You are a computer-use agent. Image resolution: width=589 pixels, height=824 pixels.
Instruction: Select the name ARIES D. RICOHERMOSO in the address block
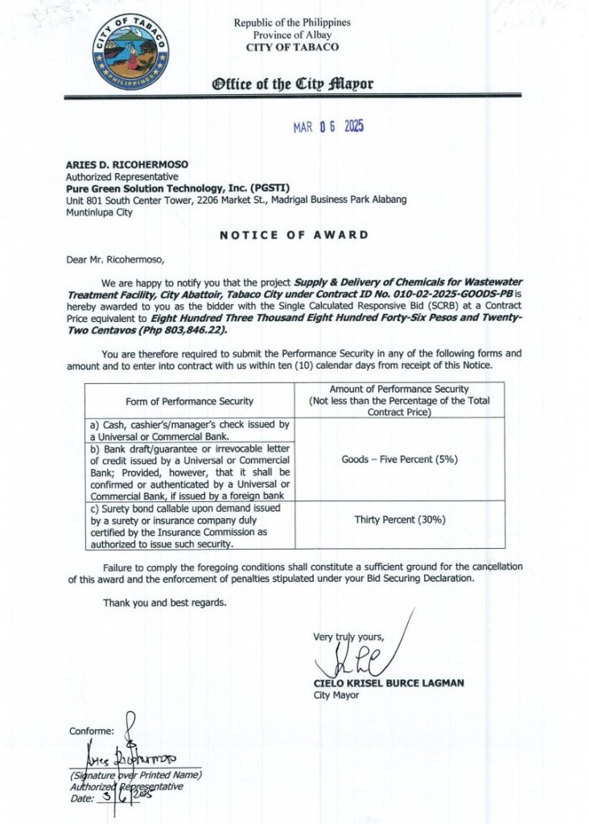point(127,165)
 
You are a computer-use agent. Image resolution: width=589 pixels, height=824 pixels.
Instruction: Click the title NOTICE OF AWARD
point(294,235)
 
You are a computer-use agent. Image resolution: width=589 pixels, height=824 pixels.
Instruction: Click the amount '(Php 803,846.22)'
point(181,331)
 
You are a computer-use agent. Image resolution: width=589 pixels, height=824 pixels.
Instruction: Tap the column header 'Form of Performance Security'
point(189,401)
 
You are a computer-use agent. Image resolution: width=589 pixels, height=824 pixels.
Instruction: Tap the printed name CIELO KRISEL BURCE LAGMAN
point(389,683)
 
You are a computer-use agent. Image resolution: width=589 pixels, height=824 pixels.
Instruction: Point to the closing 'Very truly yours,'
point(348,637)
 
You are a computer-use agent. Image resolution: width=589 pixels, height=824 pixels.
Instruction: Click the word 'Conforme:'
point(92,731)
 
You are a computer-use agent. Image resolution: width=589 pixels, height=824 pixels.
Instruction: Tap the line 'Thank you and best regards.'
point(164,603)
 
